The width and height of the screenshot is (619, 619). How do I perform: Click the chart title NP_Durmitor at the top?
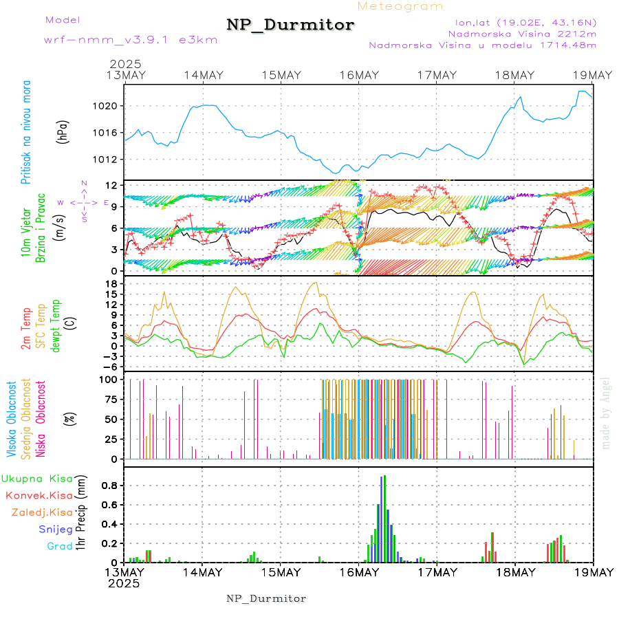[290, 25]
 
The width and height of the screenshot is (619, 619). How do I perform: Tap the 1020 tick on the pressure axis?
[109, 106]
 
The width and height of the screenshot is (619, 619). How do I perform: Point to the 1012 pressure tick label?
[109, 160]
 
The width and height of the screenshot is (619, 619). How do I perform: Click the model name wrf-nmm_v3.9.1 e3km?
[131, 40]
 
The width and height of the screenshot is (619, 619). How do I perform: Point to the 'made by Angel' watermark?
[605, 413]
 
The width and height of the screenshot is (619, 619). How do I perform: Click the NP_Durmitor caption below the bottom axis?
[266, 598]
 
